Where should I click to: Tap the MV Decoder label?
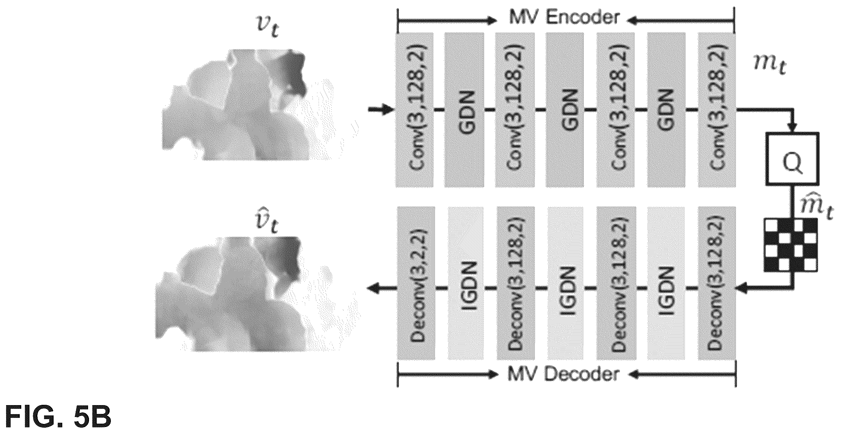pos(563,374)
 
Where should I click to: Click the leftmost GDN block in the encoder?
pos(464,110)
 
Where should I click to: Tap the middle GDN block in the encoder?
pos(565,110)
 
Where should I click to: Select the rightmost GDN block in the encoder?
pos(666,110)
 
